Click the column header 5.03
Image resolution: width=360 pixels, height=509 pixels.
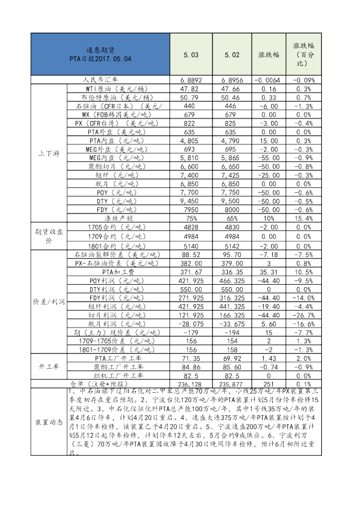coord(191,54)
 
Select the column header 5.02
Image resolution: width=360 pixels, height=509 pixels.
coord(232,54)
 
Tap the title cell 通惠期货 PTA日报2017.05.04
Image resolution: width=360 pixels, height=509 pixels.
coord(100,54)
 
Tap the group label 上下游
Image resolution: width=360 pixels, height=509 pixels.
coord(48,154)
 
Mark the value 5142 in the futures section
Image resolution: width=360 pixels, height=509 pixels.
coord(232,247)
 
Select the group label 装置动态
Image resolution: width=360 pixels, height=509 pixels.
coord(48,421)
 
